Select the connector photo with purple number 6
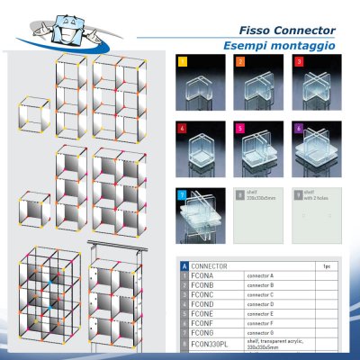click(x=319, y=148)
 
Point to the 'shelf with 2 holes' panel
click(x=319, y=214)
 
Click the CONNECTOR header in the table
click(x=211, y=266)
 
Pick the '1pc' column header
click(x=327, y=266)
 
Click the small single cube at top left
click(x=35, y=115)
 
